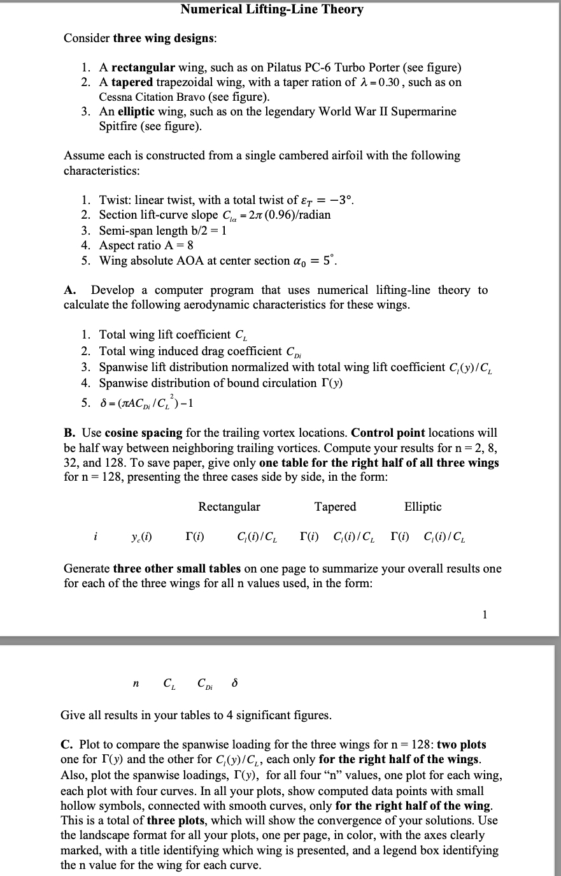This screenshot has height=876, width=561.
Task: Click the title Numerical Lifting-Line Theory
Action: [272, 9]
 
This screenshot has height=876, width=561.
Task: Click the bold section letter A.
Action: [69, 291]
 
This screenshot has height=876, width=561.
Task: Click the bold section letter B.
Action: [69, 433]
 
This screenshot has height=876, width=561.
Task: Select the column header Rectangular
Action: [229, 507]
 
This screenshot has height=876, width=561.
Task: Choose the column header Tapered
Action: [335, 507]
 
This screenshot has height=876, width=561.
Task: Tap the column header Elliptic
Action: [423, 507]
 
